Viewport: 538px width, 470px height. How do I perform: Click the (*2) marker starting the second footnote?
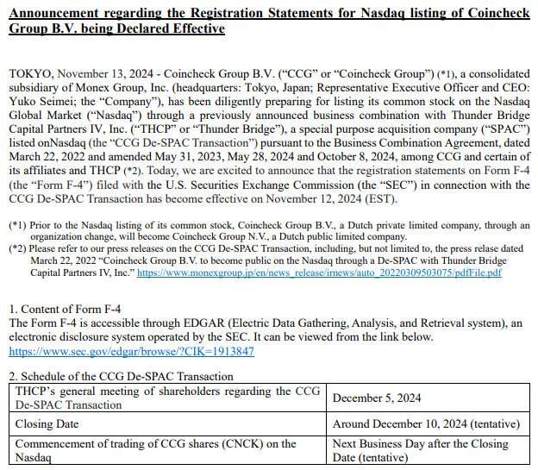(19, 248)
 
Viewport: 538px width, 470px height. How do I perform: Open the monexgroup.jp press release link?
(319, 273)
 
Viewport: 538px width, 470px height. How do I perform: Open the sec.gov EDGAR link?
(131, 352)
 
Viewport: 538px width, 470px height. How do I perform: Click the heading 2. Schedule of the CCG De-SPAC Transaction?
(121, 376)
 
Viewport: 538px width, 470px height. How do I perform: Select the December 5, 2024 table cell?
(376, 398)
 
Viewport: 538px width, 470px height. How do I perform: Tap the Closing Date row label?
(47, 424)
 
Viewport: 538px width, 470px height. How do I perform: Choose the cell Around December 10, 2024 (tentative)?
(426, 424)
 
